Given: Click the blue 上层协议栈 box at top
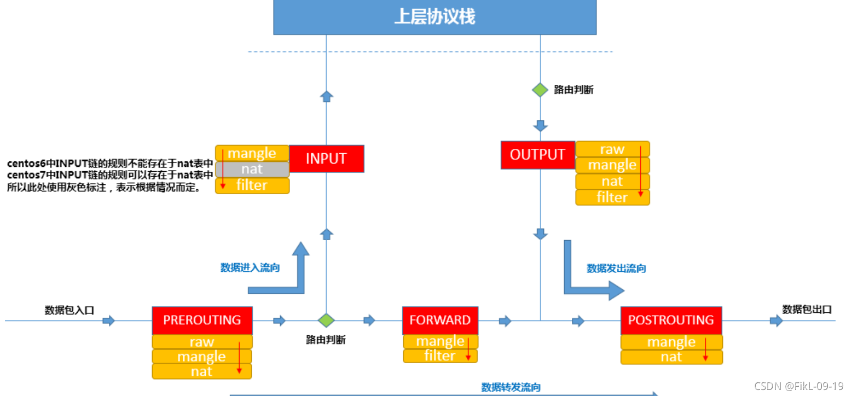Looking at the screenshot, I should click(434, 18).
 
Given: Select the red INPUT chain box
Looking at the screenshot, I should click(326, 159).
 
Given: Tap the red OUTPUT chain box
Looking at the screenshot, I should click(537, 155).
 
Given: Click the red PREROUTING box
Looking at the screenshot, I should click(202, 320).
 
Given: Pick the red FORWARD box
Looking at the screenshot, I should click(440, 320).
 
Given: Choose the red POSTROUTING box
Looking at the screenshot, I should click(671, 320).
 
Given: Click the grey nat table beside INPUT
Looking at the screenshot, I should click(252, 170).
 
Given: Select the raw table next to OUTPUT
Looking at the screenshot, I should click(612, 149).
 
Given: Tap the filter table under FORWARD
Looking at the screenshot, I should click(440, 356).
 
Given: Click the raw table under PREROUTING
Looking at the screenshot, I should click(202, 342).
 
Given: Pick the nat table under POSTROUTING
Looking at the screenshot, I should click(671, 357).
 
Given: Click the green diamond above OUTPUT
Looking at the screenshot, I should click(540, 90).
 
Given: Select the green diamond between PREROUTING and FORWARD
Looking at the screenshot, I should click(326, 321).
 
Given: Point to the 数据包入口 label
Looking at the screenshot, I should click(69, 310).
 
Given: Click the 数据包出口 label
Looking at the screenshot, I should click(807, 310).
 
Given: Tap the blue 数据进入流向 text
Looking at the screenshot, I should click(250, 267).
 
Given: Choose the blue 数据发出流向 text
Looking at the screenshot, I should click(616, 269).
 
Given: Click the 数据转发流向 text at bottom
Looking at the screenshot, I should click(511, 387).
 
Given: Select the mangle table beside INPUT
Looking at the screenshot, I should click(252, 153).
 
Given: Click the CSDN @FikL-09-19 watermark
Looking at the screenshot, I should click(798, 386).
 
